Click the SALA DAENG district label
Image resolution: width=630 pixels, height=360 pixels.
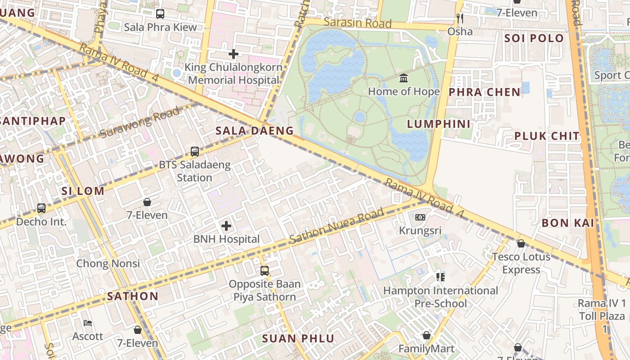254,131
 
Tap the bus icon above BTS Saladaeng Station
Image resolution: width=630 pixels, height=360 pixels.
195,152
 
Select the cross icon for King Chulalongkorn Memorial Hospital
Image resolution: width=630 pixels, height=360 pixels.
233,54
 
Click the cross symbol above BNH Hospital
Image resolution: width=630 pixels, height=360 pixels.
226,226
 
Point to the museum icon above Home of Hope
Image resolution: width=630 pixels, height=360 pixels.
404,78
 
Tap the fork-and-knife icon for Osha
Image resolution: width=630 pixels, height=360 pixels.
459,18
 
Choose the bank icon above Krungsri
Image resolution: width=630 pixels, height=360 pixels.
420,217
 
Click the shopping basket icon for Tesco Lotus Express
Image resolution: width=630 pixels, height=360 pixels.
521,243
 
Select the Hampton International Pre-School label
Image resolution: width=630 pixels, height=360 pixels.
441,297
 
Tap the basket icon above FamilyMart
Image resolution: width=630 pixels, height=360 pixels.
426,335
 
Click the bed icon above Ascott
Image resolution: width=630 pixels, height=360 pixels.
88,323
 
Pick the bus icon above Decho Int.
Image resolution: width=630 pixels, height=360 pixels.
41,208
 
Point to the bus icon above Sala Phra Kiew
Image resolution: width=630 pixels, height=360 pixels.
160,14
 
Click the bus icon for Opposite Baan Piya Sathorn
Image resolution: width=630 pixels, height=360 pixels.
265,271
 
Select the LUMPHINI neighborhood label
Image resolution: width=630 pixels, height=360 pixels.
439,124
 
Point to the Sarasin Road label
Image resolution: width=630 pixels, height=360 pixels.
358,22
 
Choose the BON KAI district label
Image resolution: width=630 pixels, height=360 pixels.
568,223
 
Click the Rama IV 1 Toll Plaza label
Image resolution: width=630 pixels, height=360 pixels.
602,310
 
